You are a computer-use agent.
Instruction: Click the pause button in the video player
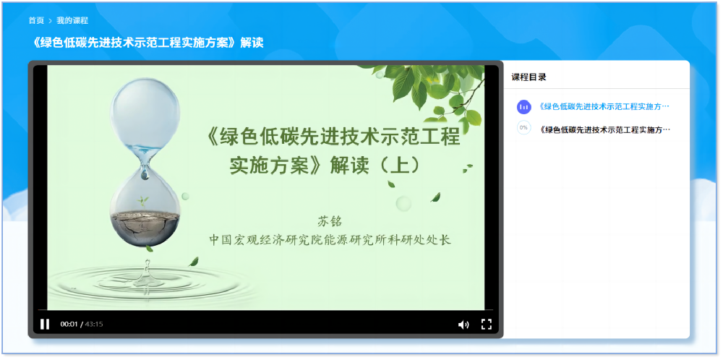click(x=45, y=324)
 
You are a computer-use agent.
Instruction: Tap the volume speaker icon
click(x=463, y=325)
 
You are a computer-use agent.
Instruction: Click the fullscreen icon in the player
click(x=487, y=324)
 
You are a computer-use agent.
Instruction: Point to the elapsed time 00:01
click(x=69, y=325)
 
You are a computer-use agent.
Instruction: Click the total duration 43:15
click(x=94, y=325)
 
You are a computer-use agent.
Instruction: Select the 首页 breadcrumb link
click(x=36, y=20)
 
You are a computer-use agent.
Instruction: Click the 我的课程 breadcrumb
click(x=72, y=20)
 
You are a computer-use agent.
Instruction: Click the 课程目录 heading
click(x=529, y=77)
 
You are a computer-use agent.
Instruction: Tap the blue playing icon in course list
click(x=523, y=107)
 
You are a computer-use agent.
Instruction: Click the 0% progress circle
click(x=523, y=128)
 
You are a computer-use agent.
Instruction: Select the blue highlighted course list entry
click(x=604, y=107)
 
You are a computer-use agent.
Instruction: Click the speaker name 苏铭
click(x=329, y=220)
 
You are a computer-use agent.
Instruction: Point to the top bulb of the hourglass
click(x=144, y=108)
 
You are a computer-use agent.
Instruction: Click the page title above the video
click(x=148, y=43)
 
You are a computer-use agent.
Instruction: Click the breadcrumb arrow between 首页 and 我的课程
click(x=50, y=20)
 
